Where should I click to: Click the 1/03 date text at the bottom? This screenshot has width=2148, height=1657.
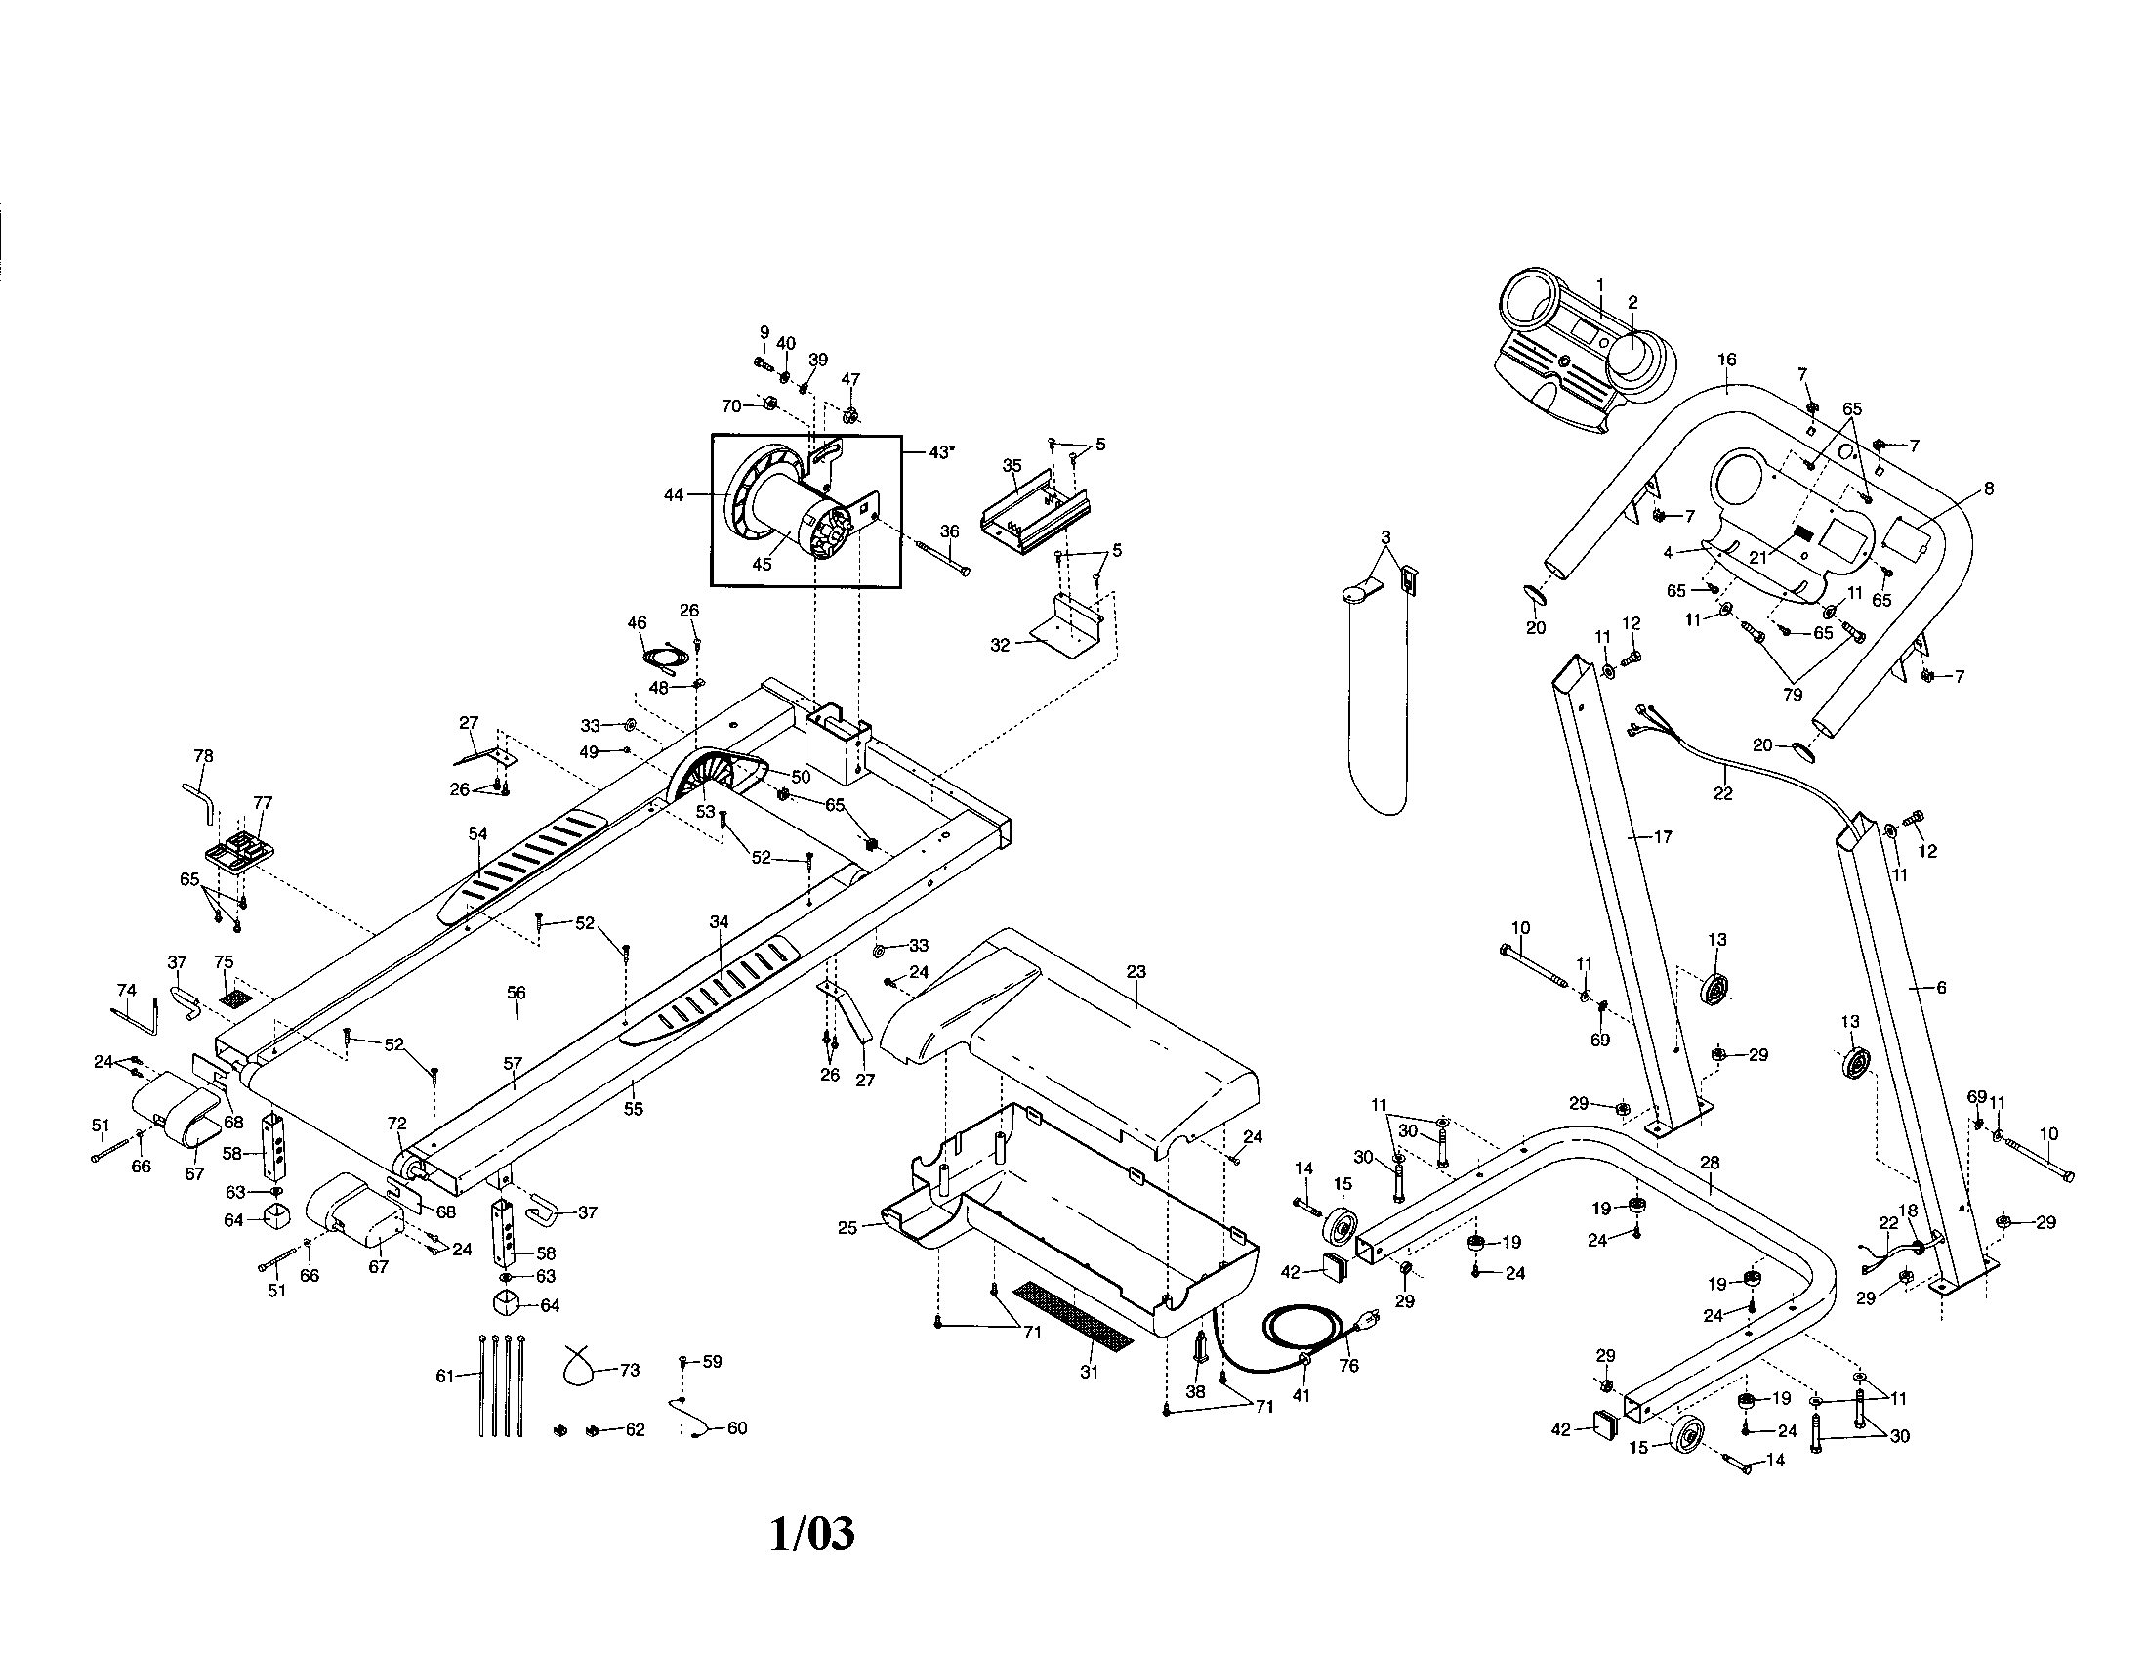click(811, 1533)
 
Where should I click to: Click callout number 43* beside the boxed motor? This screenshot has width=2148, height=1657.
click(940, 451)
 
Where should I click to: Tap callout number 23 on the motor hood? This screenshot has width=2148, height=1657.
click(1136, 971)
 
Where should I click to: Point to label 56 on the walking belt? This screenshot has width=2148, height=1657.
click(516, 993)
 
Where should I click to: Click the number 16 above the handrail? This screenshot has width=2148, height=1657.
click(1727, 361)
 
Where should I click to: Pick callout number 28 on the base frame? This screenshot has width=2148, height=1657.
click(1710, 1162)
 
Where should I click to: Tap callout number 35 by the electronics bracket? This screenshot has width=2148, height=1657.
click(1012, 465)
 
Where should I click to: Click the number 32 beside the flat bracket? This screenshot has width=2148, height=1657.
click(999, 646)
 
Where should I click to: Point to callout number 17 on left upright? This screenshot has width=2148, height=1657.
click(1662, 837)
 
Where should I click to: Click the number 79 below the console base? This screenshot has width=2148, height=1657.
click(1792, 694)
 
